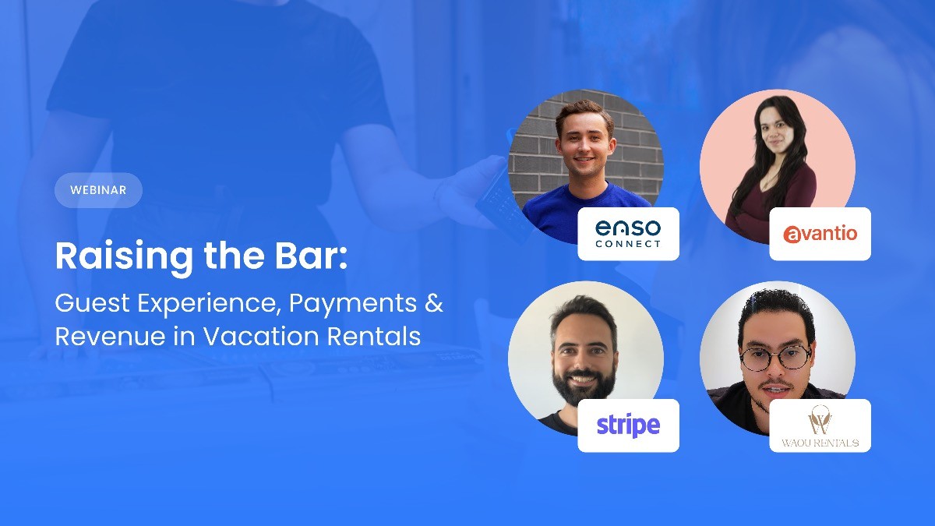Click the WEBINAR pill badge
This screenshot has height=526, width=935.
tap(98, 190)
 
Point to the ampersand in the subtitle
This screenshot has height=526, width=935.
tap(435, 302)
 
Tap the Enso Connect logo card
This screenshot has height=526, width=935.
tap(628, 234)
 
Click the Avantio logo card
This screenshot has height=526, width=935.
tap(820, 234)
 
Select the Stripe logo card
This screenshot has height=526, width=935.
tap(628, 425)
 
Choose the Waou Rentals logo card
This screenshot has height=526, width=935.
tap(820, 425)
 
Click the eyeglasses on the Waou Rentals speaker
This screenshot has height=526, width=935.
tap(774, 357)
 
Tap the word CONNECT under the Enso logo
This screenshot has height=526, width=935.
tap(628, 244)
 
